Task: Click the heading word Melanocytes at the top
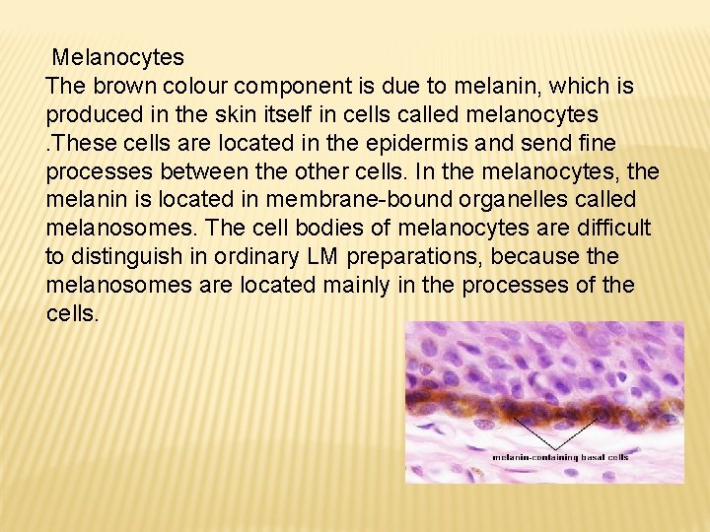[x=117, y=58]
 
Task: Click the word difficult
[x=610, y=229]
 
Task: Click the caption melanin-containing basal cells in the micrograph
[x=560, y=457]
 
